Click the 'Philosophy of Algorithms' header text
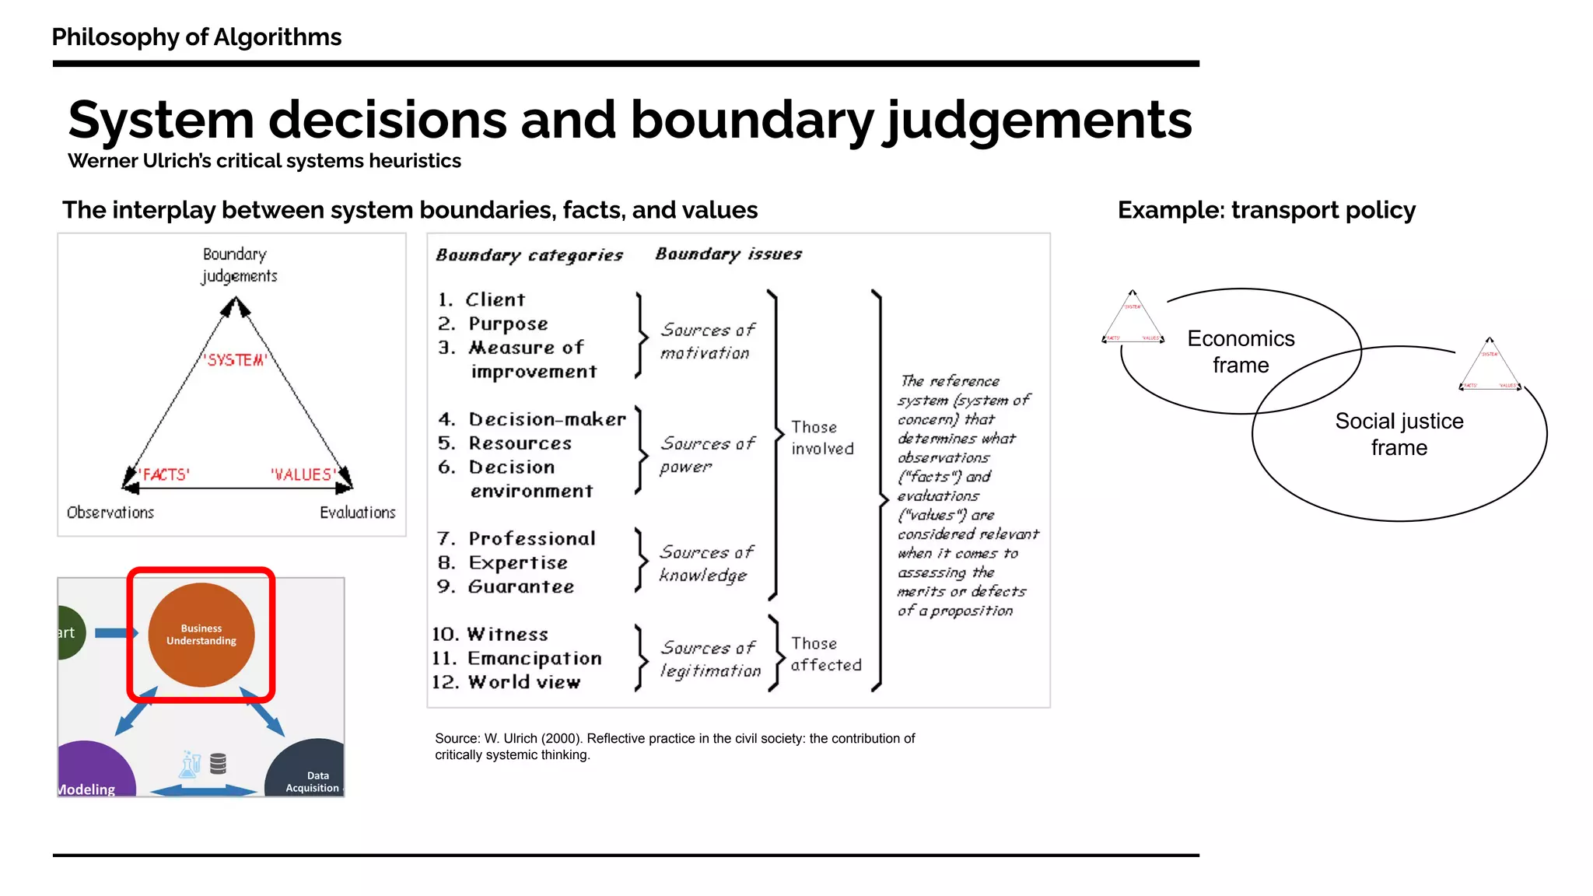click(196, 37)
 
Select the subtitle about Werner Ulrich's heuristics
click(264, 161)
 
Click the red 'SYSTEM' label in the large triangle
click(236, 360)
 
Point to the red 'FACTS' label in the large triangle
click(164, 474)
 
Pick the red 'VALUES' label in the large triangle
click(303, 474)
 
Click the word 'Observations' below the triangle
click(110, 513)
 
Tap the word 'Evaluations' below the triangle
click(357, 513)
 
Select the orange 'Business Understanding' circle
click(201, 635)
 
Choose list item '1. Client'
click(481, 300)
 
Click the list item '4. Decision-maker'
click(532, 420)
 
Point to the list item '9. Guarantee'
click(506, 586)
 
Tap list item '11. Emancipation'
click(517, 659)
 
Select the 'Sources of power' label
click(706, 454)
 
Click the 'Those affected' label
click(825, 654)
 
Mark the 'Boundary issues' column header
click(728, 254)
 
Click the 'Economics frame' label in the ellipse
click(1241, 352)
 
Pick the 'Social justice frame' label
click(1399, 434)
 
